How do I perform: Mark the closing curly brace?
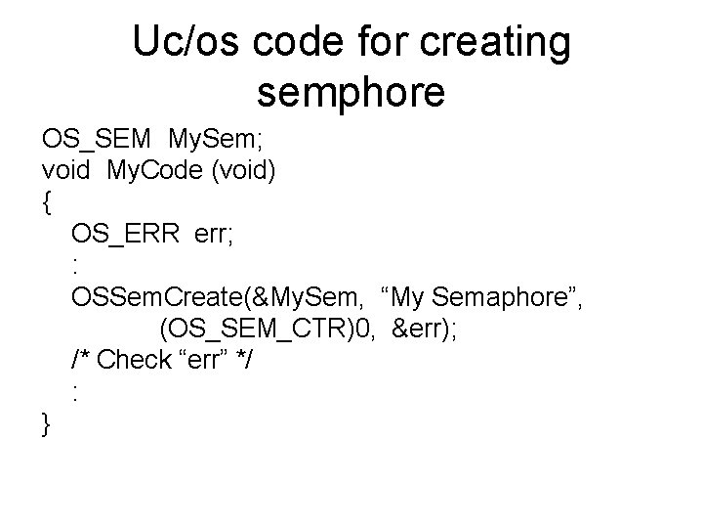[47, 423]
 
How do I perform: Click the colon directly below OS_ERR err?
[75, 265]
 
